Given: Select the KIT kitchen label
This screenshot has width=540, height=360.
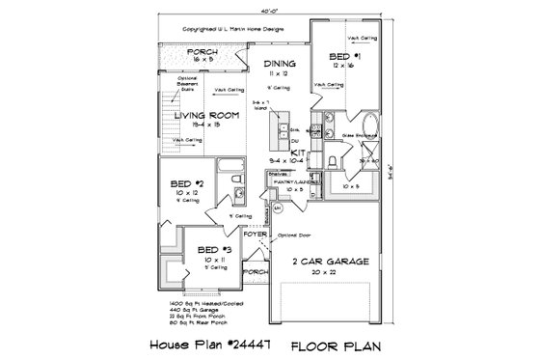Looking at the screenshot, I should tap(297, 152).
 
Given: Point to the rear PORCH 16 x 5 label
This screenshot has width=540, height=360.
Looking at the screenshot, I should tap(202, 53).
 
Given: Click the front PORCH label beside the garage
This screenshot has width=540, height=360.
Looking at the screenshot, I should tap(256, 272).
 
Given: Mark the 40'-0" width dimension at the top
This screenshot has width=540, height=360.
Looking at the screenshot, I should tap(263, 11).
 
